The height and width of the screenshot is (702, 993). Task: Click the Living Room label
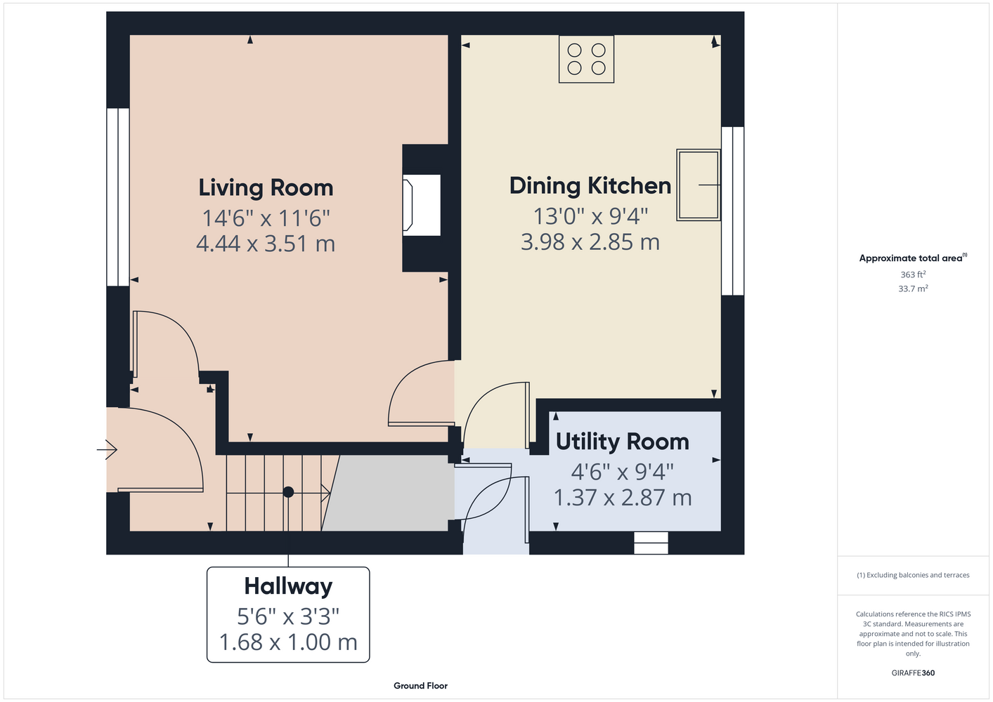tap(266, 188)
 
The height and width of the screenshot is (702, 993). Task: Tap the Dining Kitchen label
tap(590, 186)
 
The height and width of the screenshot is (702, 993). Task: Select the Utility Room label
tap(622, 442)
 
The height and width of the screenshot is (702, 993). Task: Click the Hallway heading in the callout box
tap(288, 586)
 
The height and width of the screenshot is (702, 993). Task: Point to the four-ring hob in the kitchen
tap(587, 60)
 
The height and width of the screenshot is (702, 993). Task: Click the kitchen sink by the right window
tap(699, 185)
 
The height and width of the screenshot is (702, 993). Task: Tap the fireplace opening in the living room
tap(421, 205)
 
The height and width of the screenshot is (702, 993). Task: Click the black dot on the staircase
tap(288, 491)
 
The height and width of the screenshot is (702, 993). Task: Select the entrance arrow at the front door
tap(107, 450)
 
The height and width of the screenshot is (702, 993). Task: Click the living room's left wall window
tap(118, 197)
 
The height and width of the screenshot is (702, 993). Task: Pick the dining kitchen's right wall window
tap(733, 211)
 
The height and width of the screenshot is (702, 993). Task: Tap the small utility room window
tap(651, 543)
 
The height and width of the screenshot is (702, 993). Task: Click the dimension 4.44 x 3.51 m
tap(266, 244)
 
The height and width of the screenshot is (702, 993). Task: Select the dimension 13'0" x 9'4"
tap(590, 217)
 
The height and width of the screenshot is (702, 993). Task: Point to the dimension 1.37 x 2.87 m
tap(623, 498)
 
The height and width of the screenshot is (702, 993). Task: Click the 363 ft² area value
tap(913, 274)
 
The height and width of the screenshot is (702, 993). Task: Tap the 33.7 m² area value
tap(913, 289)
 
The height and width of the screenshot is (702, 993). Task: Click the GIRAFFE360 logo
tap(913, 673)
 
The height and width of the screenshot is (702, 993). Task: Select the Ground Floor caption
tap(421, 686)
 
